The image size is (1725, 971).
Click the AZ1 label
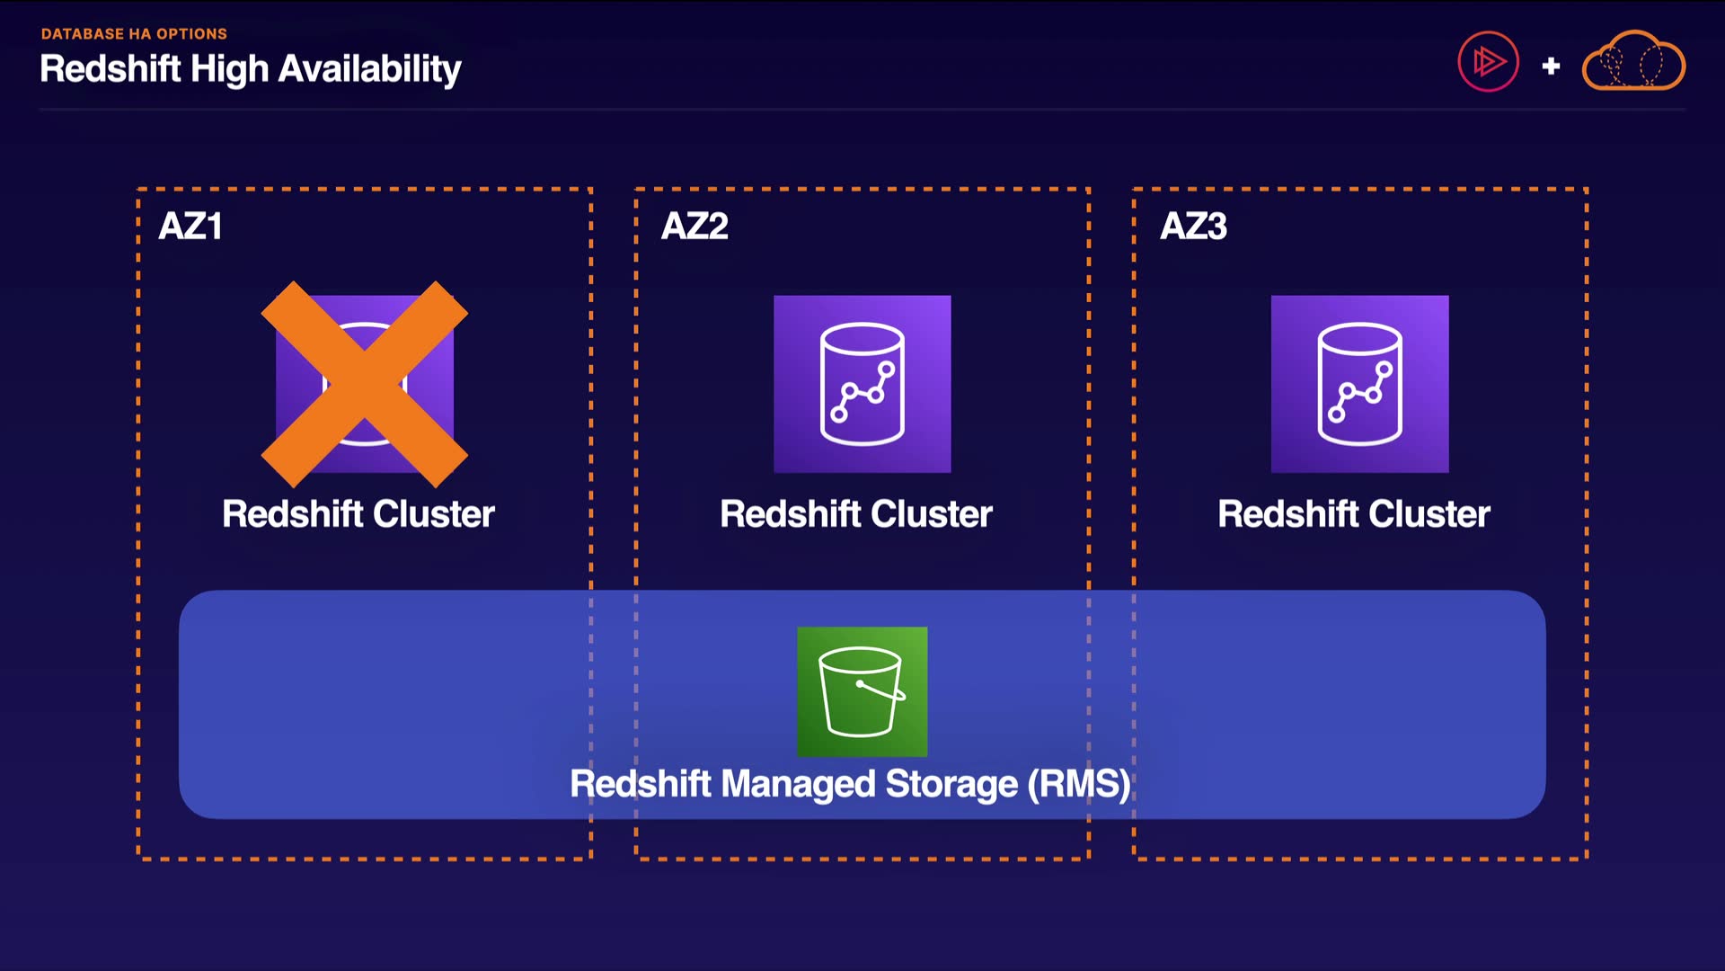click(x=190, y=227)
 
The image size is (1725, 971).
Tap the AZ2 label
click(x=694, y=227)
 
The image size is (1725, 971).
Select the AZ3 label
click(x=1193, y=227)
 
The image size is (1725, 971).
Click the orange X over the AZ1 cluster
click(x=364, y=385)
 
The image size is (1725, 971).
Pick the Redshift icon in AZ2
click(x=862, y=384)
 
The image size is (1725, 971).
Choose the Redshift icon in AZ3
click(x=1359, y=384)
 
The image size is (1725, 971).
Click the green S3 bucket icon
click(x=862, y=691)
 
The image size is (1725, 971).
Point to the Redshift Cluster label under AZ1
click(x=358, y=514)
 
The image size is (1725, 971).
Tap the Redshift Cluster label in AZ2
click(x=856, y=514)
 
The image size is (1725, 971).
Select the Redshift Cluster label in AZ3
click(x=1354, y=514)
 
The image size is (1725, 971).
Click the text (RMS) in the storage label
click(x=1079, y=784)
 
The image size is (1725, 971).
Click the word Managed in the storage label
click(x=798, y=784)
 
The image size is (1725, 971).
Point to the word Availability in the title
click(x=369, y=69)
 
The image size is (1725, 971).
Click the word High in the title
click(x=229, y=69)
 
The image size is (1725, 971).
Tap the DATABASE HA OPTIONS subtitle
click(x=134, y=34)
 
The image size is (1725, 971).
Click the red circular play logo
click(x=1488, y=62)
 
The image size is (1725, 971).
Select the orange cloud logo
click(x=1633, y=61)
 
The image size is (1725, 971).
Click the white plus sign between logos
click(x=1551, y=66)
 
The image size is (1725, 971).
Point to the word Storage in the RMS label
click(x=951, y=784)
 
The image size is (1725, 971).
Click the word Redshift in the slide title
click(x=111, y=69)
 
